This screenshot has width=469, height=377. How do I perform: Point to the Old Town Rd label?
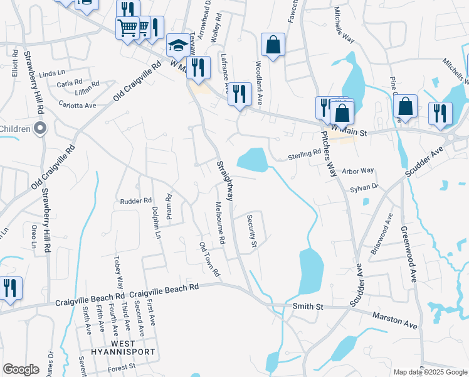(210, 260)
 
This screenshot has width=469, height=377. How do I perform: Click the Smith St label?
(307, 307)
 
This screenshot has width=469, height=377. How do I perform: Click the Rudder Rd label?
(136, 201)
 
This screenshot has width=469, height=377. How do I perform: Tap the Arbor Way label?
(358, 170)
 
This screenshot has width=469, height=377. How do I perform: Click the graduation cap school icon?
(178, 46)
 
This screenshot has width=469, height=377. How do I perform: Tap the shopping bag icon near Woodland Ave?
(273, 45)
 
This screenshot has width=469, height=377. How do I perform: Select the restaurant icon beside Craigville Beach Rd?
(10, 288)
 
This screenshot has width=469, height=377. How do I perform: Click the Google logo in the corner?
(21, 369)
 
